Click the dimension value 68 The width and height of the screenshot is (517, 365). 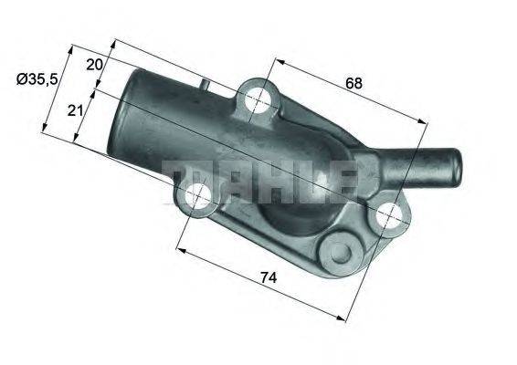pyautogui.click(x=353, y=83)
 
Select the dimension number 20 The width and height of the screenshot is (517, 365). pyautogui.click(x=94, y=65)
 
